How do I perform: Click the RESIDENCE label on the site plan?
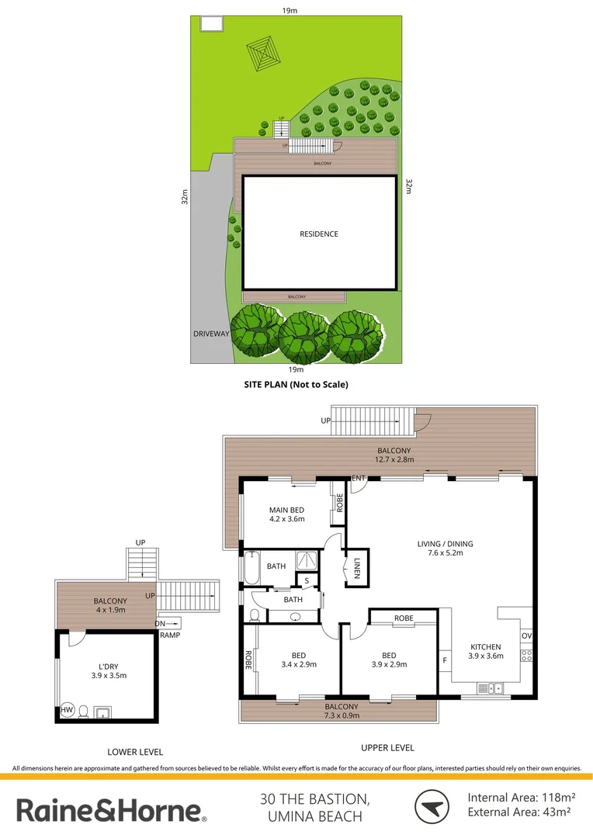point(319,234)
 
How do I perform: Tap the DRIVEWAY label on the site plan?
point(212,334)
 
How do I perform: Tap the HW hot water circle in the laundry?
point(67,709)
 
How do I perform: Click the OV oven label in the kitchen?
point(526,636)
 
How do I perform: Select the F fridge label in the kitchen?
point(445,660)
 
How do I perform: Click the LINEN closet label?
point(357,567)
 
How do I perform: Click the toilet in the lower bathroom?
point(254,615)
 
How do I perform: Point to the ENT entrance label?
point(358,478)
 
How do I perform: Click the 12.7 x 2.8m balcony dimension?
point(394,460)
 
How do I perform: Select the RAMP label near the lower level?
point(171,635)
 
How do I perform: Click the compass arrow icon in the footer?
point(431,807)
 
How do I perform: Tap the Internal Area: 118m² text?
point(521,797)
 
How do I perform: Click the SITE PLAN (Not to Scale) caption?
point(296,384)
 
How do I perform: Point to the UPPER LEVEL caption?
point(387,748)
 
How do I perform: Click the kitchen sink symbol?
point(491,687)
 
